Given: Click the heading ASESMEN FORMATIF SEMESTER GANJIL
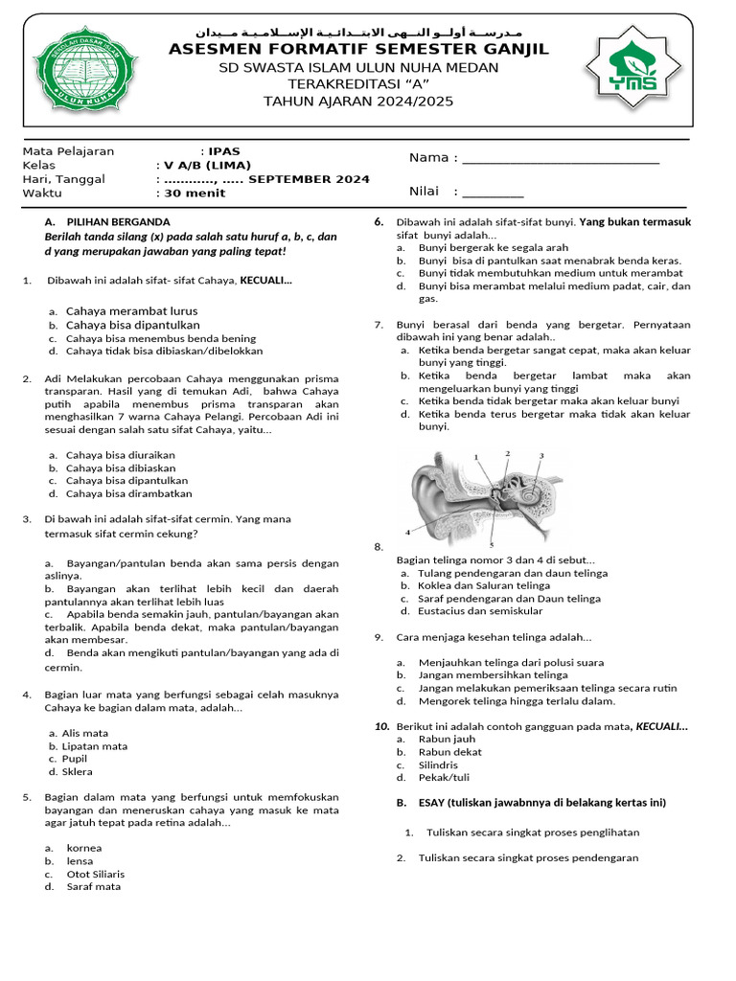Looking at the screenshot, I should [x=358, y=50].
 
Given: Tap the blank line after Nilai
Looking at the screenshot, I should [x=493, y=192].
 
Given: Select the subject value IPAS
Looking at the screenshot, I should [x=224, y=151].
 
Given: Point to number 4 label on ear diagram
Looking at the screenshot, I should [x=407, y=531].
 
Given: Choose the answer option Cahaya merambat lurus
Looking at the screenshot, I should [x=131, y=311].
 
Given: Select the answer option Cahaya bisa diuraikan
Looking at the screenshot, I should [x=120, y=454].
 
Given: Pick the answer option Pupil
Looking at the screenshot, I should [x=78, y=759].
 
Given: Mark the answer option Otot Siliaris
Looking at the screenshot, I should [x=95, y=874].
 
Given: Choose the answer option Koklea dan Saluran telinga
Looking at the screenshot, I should [x=483, y=585].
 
